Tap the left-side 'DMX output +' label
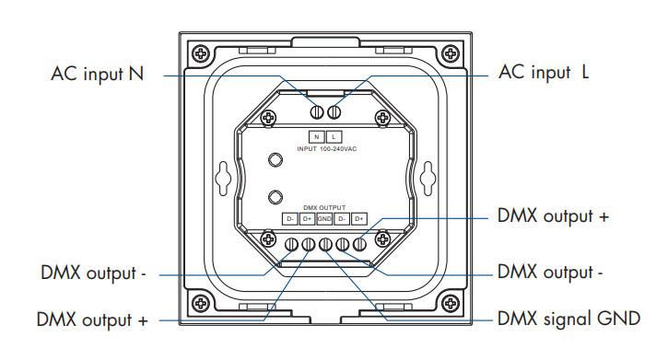(92, 320)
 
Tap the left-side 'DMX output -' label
(94, 273)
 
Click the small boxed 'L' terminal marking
(334, 136)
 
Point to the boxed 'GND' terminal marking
(324, 219)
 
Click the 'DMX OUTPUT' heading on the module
(324, 208)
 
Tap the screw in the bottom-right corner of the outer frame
(448, 303)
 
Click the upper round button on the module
(274, 160)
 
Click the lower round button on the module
(274, 196)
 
